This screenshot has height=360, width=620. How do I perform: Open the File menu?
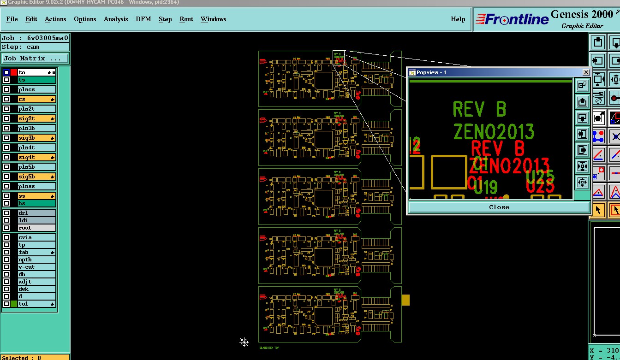click(x=12, y=19)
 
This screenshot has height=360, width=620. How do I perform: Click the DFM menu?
click(x=143, y=19)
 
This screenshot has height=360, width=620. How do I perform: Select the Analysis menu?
click(x=116, y=19)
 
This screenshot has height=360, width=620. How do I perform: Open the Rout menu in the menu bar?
click(x=186, y=19)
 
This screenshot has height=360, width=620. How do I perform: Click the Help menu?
click(x=458, y=19)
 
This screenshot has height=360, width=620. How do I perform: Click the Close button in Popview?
click(x=499, y=207)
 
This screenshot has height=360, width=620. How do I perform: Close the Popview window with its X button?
click(x=586, y=72)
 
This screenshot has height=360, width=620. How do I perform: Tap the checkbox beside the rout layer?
click(x=6, y=228)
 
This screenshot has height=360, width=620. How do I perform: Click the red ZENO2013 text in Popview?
click(x=510, y=165)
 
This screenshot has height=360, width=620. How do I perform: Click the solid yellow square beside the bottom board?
click(x=405, y=300)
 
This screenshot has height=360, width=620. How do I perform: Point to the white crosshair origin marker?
click(x=244, y=342)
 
